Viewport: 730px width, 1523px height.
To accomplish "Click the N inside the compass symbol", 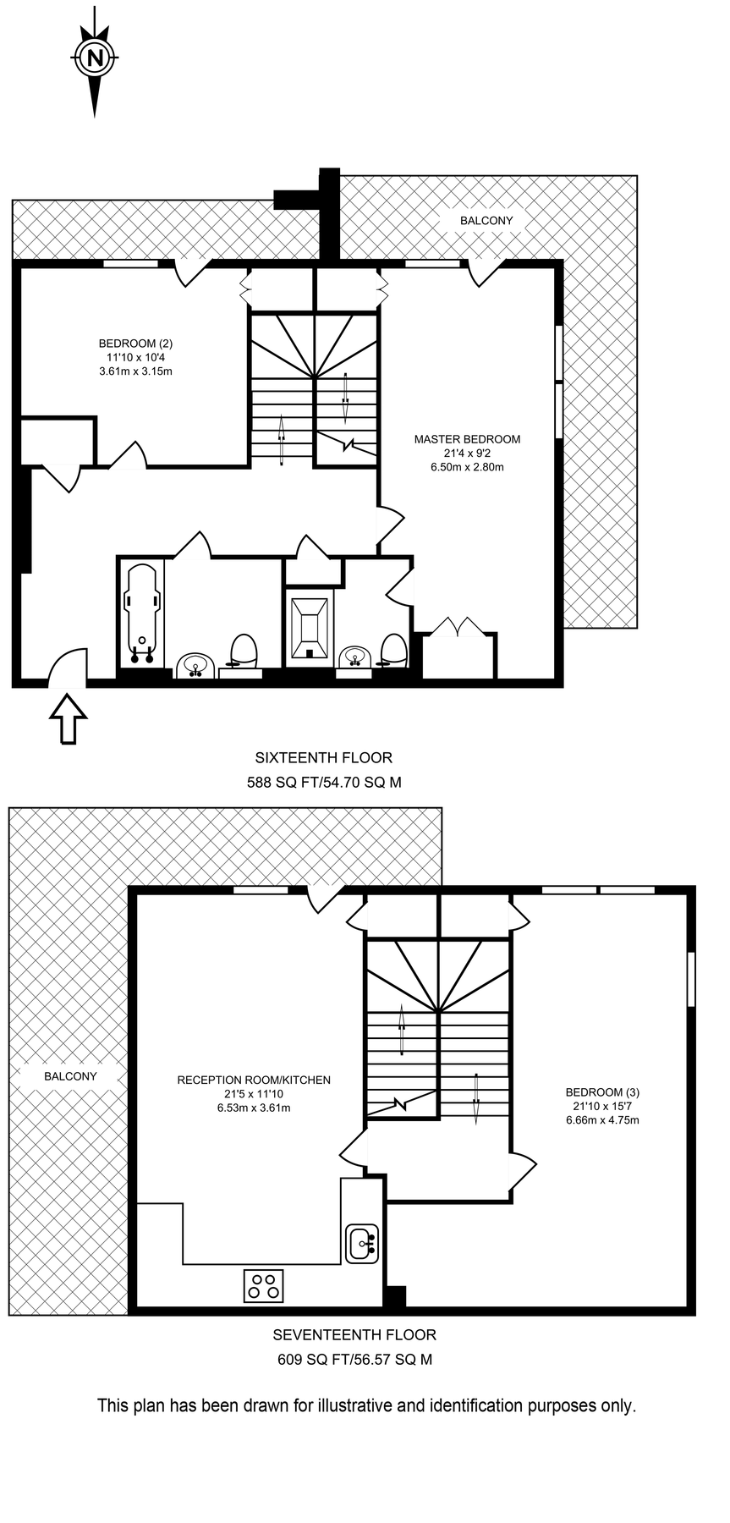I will click(x=95, y=58).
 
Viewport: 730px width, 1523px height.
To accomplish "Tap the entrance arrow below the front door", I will click(x=68, y=718).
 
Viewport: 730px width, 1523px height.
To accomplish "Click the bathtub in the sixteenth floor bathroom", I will click(x=141, y=613).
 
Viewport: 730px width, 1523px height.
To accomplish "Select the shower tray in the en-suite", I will click(x=309, y=627).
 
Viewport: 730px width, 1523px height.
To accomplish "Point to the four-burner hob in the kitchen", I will click(x=263, y=1286).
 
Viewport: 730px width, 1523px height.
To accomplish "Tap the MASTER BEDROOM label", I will click(x=467, y=439).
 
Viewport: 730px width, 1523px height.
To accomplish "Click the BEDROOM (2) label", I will click(x=135, y=344).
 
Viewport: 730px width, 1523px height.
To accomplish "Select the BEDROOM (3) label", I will click(x=601, y=1092).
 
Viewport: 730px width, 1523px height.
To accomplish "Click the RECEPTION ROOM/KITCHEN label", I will click(x=254, y=1080).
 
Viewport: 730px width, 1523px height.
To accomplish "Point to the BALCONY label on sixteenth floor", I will click(x=486, y=221).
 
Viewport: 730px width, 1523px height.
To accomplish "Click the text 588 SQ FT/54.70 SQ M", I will click(x=324, y=783).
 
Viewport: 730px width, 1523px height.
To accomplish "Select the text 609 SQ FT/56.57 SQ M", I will click(x=354, y=1360).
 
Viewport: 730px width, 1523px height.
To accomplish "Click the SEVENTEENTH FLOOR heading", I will click(x=354, y=1335).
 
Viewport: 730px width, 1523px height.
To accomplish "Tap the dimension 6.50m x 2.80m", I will click(x=467, y=467).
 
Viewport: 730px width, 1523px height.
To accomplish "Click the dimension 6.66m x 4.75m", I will click(x=601, y=1120).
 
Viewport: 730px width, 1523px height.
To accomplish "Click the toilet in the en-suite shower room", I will click(x=393, y=650).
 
